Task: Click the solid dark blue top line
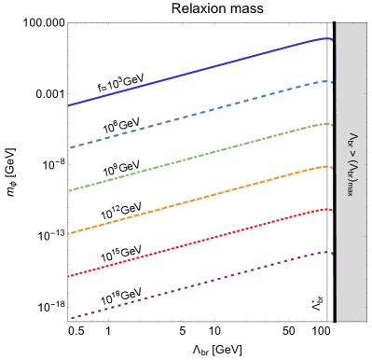coord(196,71)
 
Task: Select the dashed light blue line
coord(196,114)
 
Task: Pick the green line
coord(196,157)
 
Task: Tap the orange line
coord(196,200)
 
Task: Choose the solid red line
coord(196,242)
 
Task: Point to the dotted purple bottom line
coord(196,285)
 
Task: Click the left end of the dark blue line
coord(69,105)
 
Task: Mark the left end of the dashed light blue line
coord(70,147)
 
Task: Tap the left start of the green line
coord(69,190)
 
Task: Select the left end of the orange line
coord(69,233)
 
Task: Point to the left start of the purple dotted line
coord(71,319)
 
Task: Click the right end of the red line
coord(332,211)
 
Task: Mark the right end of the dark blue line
coord(332,40)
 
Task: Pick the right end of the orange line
coord(332,168)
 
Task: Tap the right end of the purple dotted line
coord(332,253)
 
